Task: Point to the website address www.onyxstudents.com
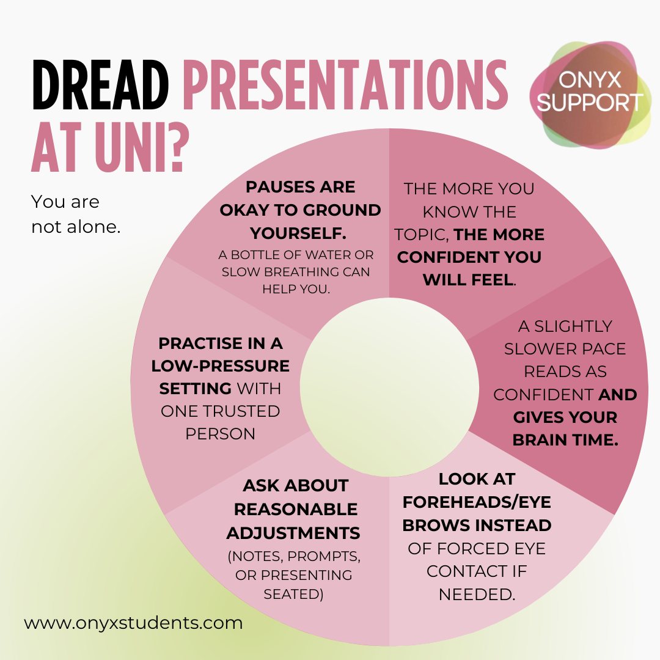(133, 623)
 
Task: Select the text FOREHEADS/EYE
(477, 502)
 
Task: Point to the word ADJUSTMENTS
(293, 533)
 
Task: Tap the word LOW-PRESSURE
(221, 366)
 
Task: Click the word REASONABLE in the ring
(296, 509)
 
